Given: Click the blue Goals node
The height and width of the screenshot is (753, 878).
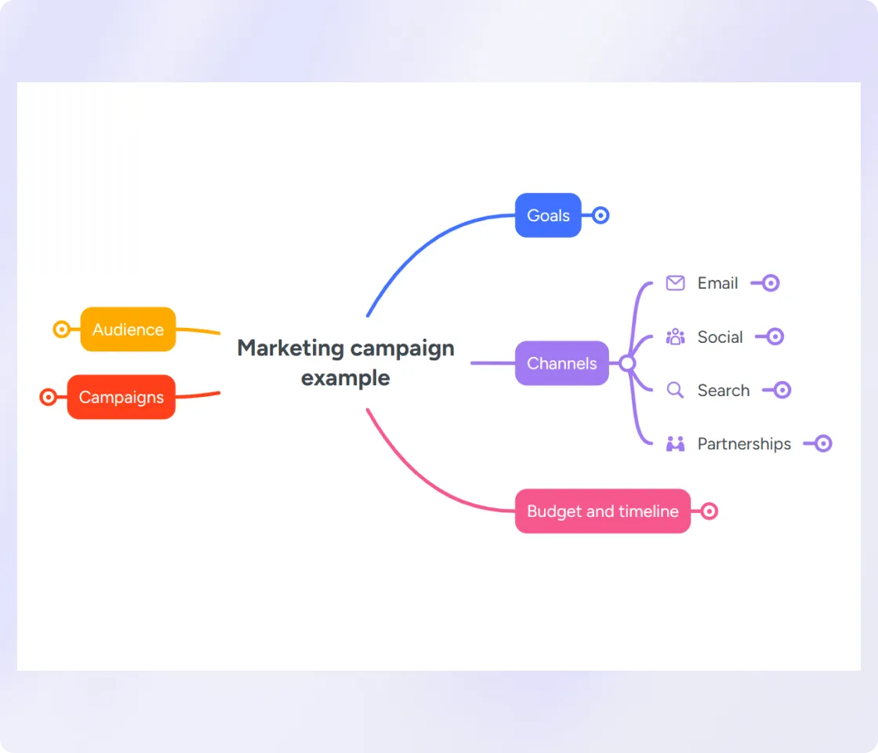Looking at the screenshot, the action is (548, 215).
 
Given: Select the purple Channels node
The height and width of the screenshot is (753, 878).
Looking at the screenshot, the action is (561, 363).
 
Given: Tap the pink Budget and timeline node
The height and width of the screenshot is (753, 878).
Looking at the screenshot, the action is (603, 511).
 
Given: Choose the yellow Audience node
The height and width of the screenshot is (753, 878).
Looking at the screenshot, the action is (129, 329).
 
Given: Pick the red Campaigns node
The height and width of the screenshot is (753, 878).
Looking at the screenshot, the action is (121, 397).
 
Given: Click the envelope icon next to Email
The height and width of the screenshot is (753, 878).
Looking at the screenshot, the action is (675, 283).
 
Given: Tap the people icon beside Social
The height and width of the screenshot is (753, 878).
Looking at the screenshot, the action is (675, 336).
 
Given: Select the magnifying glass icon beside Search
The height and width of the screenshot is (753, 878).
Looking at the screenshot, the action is (675, 390).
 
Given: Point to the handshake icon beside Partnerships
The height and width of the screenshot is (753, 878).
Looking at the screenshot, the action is (675, 444).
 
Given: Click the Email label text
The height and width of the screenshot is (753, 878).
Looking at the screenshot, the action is (718, 283).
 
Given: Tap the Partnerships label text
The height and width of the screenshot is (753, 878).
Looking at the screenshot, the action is (744, 444).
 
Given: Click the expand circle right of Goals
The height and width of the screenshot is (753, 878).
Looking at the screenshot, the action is (600, 215).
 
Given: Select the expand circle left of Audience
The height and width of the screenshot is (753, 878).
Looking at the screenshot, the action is (62, 329).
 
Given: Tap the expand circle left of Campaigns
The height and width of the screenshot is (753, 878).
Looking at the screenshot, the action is (48, 397).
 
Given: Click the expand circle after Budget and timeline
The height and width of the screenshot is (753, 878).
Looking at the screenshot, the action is (709, 511).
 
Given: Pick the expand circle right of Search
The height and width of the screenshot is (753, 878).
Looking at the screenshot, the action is (782, 390).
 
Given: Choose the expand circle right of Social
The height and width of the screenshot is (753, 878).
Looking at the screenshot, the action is (775, 336).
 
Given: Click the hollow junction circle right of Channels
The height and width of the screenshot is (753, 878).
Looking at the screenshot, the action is (627, 363).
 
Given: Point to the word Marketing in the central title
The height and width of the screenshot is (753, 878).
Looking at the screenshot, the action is (290, 348).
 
